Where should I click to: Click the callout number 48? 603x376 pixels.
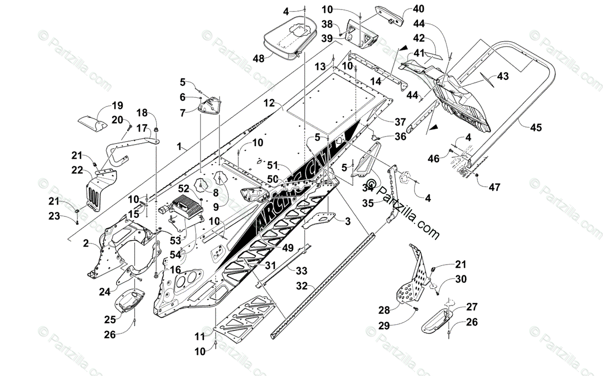point(258,59)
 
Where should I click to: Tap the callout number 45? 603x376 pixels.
point(536,128)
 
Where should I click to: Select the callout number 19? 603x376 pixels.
point(117,105)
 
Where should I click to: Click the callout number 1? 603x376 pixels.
point(179,147)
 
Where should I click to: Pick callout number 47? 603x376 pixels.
point(494,187)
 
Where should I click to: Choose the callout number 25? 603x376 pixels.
point(110,319)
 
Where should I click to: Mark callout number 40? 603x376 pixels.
point(418,8)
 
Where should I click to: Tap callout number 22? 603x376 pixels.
point(77,170)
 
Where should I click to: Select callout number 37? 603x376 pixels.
point(400,122)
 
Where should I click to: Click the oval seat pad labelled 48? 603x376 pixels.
point(290,34)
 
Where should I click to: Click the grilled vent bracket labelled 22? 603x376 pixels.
point(98,188)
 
